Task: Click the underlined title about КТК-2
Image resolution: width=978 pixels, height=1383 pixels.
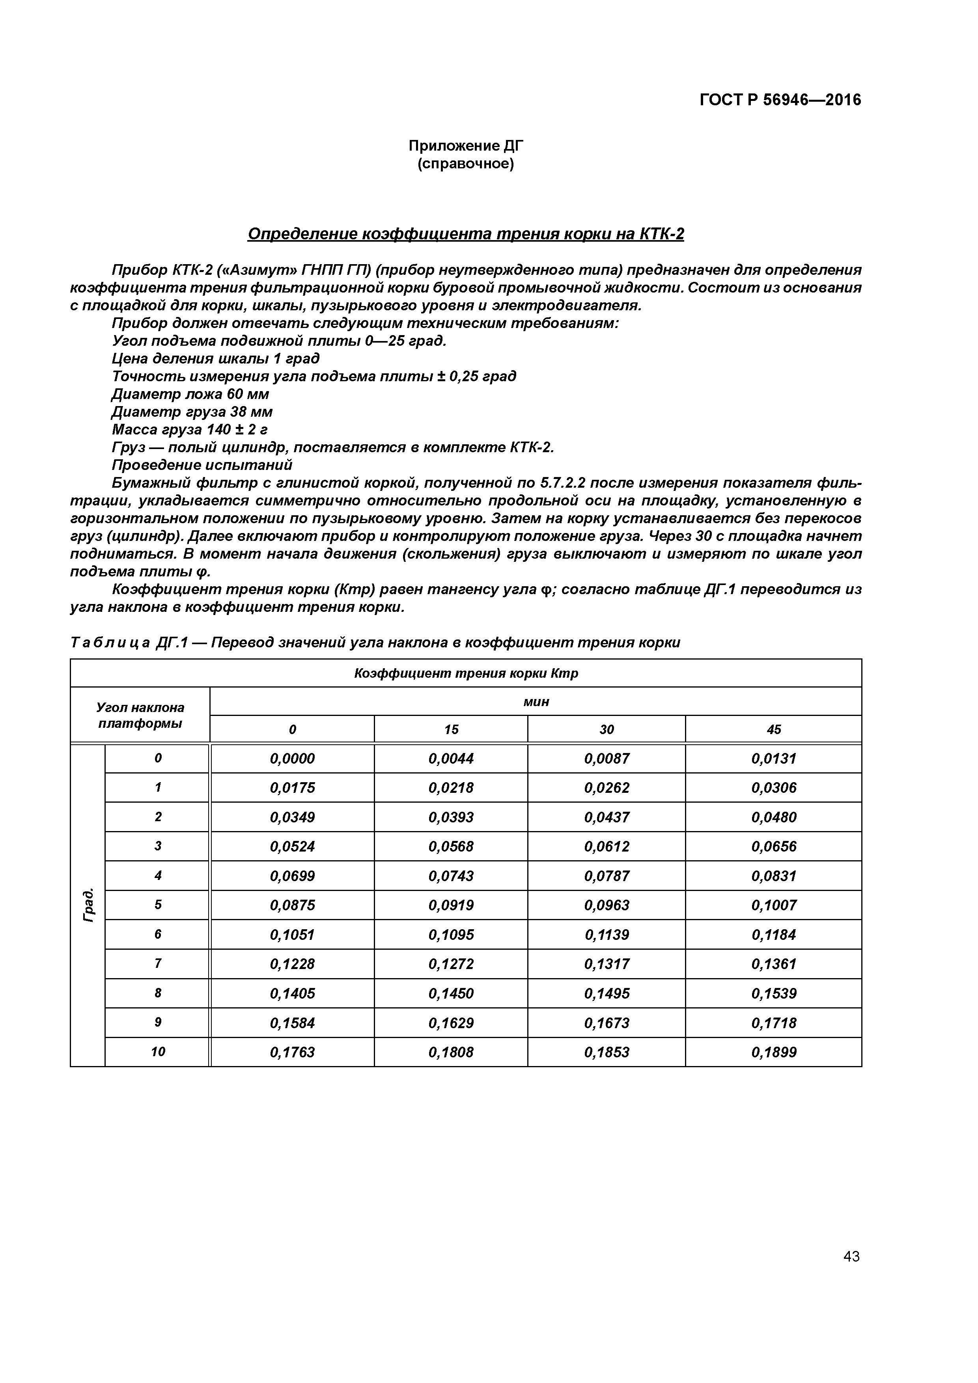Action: (466, 234)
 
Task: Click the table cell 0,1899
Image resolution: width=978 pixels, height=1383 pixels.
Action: (774, 1052)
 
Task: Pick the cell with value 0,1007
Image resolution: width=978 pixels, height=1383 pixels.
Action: (774, 905)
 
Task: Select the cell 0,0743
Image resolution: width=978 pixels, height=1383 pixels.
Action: (451, 876)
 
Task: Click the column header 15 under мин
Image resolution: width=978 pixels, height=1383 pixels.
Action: (451, 729)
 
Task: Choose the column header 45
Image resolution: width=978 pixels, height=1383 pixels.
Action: (774, 729)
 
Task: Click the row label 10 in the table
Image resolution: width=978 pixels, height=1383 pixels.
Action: (157, 1052)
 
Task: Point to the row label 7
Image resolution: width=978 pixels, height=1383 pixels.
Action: (157, 964)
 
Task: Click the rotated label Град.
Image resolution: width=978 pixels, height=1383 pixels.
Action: (88, 905)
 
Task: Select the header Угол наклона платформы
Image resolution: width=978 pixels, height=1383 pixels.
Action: (140, 715)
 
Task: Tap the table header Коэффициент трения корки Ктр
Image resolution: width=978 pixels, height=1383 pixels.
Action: (466, 673)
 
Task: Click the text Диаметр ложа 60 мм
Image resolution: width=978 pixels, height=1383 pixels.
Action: (190, 394)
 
